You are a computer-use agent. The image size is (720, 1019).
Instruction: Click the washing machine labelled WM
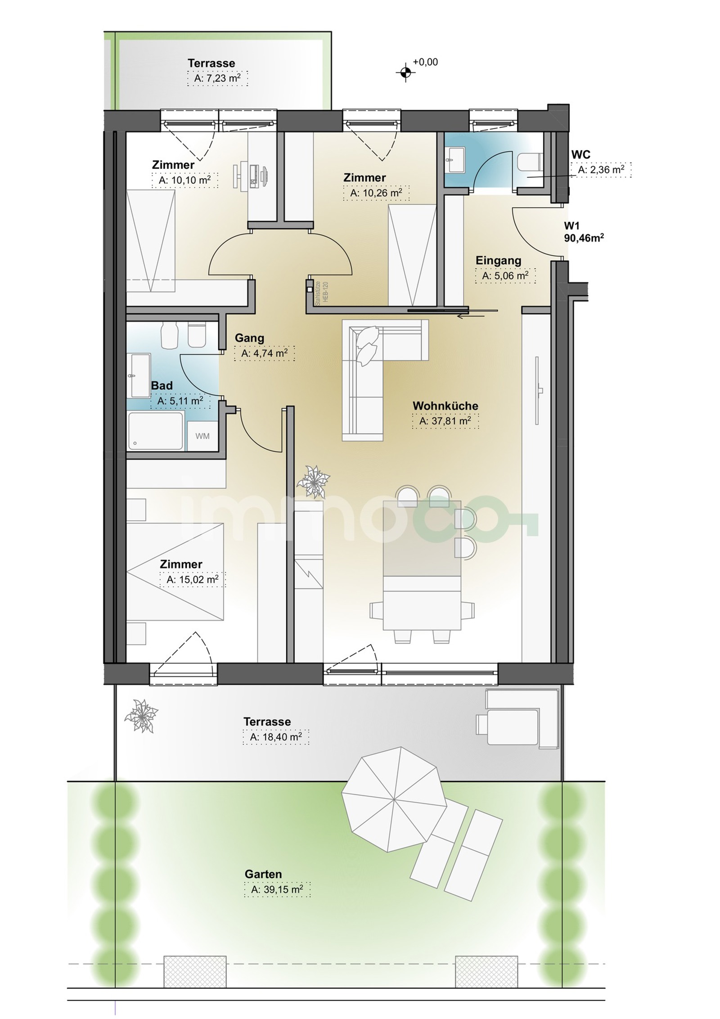[x=202, y=436]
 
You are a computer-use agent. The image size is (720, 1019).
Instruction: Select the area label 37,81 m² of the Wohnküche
[x=445, y=421]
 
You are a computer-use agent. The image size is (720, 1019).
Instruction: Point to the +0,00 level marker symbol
[x=405, y=72]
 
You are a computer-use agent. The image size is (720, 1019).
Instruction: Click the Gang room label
[x=249, y=338]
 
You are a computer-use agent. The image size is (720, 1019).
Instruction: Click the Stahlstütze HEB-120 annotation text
[x=321, y=293]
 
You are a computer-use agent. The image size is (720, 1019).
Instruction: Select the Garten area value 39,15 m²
[x=277, y=889]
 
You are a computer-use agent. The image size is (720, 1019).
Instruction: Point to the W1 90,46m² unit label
[x=584, y=232]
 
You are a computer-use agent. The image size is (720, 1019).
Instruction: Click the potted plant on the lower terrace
[x=142, y=716]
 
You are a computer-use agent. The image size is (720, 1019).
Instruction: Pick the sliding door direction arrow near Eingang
[x=471, y=316]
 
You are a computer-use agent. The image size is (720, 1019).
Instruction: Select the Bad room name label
[x=162, y=385]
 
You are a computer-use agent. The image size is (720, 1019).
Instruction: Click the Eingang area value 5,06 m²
[x=505, y=275]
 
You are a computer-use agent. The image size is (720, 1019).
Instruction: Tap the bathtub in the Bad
[x=156, y=431]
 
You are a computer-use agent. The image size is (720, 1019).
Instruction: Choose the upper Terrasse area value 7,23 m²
[x=217, y=78]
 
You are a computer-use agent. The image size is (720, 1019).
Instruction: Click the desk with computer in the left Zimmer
[x=252, y=174]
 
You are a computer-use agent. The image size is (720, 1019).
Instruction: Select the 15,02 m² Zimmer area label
[x=193, y=579]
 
